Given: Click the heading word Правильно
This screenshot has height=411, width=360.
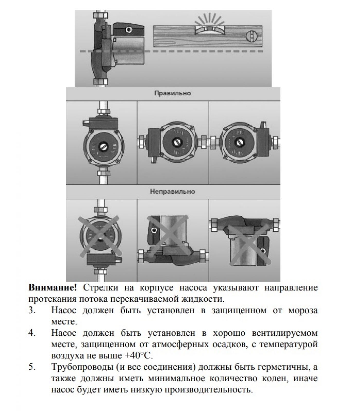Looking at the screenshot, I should pyautogui.click(x=173, y=93).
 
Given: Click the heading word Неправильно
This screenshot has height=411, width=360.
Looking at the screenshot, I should pyautogui.click(x=173, y=191).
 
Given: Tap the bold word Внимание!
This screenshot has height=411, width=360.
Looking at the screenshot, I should pyautogui.click(x=53, y=287).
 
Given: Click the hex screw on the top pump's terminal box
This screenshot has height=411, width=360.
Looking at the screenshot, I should pyautogui.click(x=128, y=30).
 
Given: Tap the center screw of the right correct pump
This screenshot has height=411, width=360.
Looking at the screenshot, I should pyautogui.click(x=240, y=142).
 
